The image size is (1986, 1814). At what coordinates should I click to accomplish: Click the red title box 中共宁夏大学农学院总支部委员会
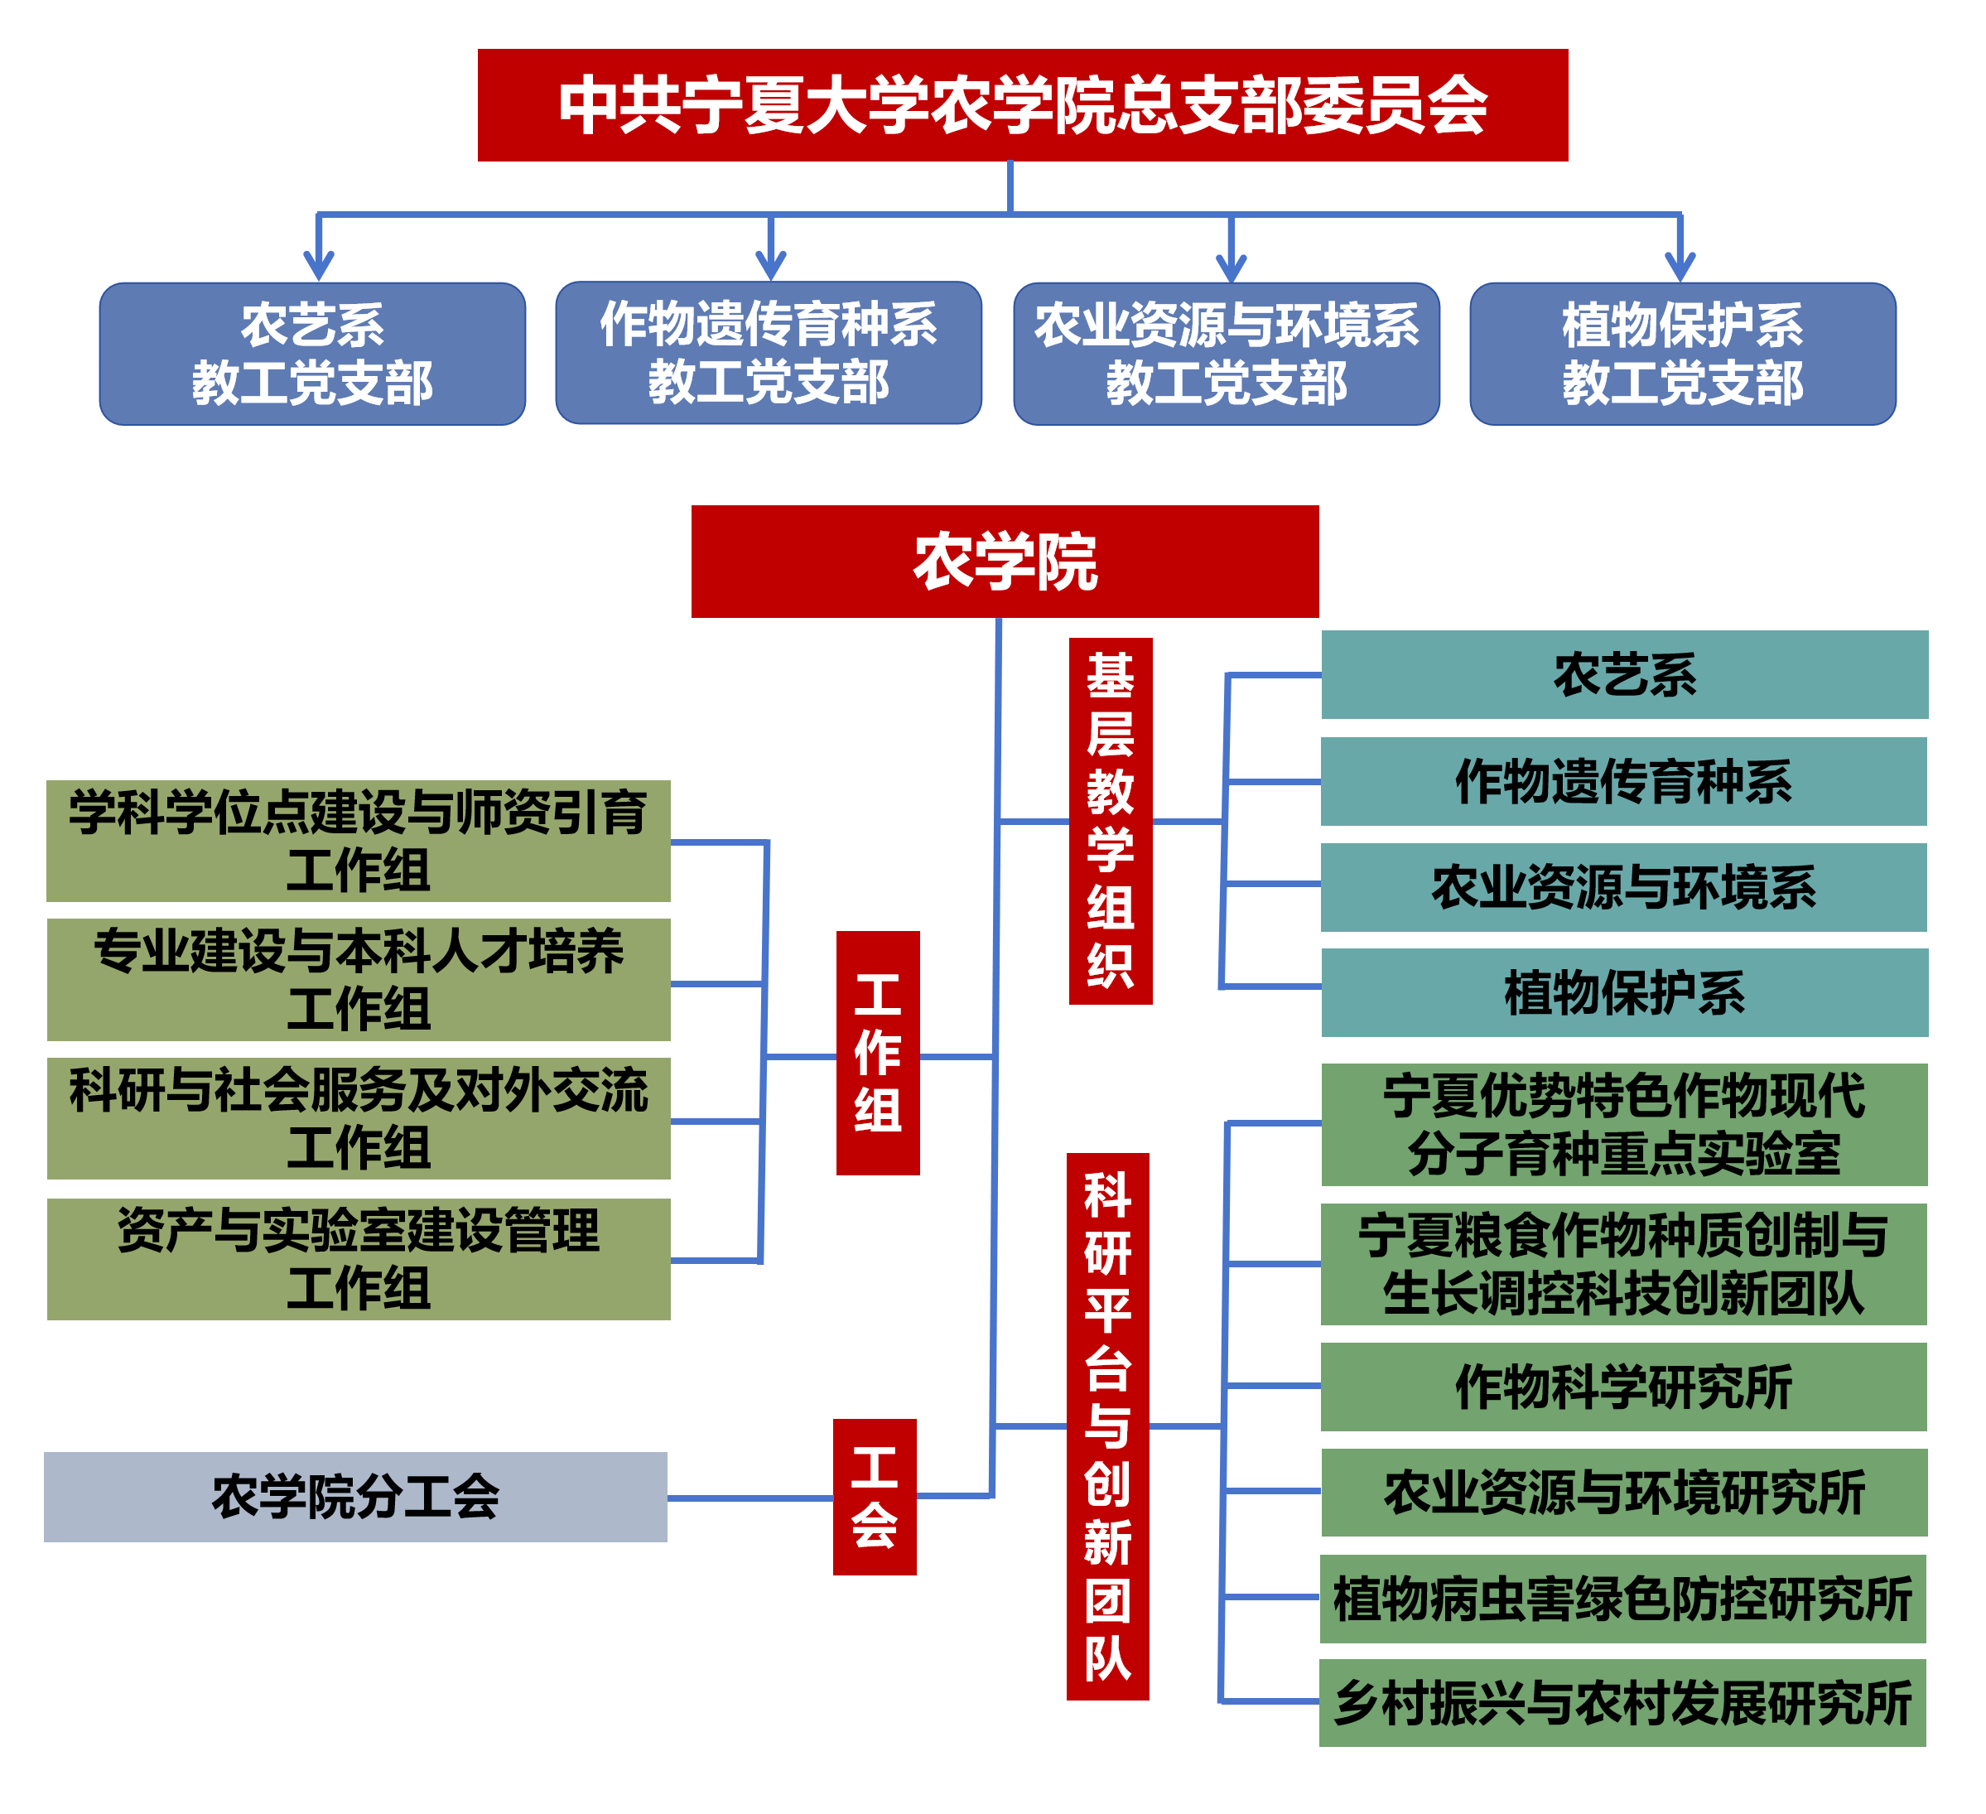(1023, 105)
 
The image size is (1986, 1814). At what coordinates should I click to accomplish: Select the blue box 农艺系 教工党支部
(312, 354)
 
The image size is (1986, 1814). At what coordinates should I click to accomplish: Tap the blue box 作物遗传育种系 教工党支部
(769, 353)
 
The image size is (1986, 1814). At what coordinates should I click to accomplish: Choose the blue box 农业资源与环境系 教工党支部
(1227, 354)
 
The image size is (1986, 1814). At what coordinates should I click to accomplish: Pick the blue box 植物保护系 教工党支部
(1683, 354)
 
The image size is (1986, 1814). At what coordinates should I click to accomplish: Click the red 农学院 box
(1005, 562)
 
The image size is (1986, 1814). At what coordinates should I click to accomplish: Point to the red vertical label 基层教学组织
(1111, 821)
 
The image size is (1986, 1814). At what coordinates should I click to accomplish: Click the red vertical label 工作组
(878, 1052)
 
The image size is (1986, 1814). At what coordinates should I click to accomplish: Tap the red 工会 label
(875, 1497)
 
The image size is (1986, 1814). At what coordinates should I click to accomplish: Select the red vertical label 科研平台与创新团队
(1108, 1426)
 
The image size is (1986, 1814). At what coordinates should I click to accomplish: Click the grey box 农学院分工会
(355, 1497)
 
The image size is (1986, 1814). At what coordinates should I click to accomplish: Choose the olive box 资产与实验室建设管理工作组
(359, 1259)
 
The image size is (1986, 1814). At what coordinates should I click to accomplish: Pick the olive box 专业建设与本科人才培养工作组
(359, 979)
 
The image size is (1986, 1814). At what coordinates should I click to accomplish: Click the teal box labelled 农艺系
(1624, 675)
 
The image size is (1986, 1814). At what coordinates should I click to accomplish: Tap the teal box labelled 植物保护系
(1624, 992)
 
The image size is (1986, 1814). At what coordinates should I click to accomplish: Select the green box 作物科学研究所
(1623, 1387)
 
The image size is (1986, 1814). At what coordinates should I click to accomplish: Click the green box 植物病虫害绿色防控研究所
(1622, 1598)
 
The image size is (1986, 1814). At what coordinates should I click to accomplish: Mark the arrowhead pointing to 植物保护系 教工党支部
(1680, 267)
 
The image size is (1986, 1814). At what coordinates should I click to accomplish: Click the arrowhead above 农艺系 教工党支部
(318, 266)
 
